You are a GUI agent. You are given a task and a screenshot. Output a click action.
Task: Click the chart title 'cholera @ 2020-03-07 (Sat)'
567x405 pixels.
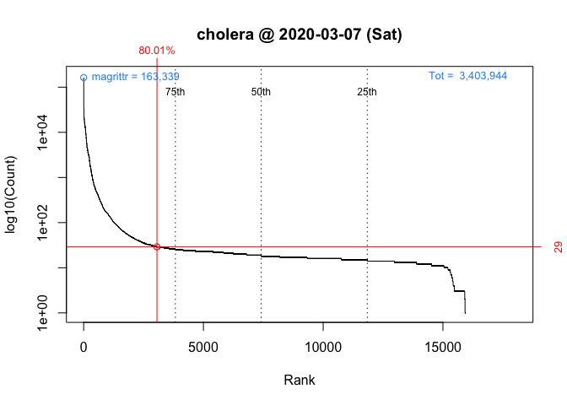click(300, 35)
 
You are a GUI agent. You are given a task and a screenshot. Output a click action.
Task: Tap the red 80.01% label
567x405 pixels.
click(157, 51)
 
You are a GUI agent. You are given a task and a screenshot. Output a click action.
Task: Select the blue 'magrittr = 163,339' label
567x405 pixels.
click(135, 77)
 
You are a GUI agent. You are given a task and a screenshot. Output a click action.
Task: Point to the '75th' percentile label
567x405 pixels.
click(175, 92)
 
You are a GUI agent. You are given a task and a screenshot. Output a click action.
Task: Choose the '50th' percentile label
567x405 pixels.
click(262, 92)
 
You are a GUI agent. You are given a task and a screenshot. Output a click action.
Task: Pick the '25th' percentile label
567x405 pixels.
click(367, 92)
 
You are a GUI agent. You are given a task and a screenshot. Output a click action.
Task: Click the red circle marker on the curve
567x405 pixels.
click(157, 246)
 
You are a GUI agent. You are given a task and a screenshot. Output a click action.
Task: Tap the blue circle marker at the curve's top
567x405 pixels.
click(84, 78)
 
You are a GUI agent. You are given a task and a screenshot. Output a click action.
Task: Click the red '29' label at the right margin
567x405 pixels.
click(558, 247)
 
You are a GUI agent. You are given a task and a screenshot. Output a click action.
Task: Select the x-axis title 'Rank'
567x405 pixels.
click(300, 381)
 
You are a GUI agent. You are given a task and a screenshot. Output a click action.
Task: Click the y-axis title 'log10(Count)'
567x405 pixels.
click(12, 195)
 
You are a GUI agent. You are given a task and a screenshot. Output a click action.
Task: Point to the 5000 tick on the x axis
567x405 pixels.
click(203, 347)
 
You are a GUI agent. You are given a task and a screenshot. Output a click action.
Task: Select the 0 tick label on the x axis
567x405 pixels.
click(84, 347)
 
